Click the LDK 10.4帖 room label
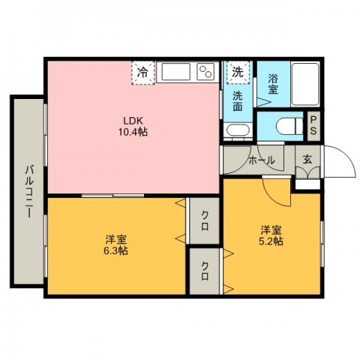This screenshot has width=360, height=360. [133, 127]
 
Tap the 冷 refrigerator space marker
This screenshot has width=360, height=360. [143, 73]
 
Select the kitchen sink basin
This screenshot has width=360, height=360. [175, 72]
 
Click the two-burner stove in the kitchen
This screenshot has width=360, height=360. [206, 71]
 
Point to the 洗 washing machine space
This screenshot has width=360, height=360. [238, 73]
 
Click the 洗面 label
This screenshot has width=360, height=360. [238, 101]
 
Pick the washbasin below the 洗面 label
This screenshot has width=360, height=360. [238, 130]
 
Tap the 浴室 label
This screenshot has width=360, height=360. [273, 84]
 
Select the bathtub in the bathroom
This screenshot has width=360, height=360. [305, 84]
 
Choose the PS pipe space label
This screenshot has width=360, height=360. [313, 125]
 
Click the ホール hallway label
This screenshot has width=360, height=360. [262, 160]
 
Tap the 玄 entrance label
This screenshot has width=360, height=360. [307, 159]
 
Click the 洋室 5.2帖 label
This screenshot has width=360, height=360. [271, 235]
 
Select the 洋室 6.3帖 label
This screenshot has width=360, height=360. [115, 245]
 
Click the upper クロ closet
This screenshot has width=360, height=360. [204, 220]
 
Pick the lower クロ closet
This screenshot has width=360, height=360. [205, 271]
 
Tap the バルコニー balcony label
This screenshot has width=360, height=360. [29, 191]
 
